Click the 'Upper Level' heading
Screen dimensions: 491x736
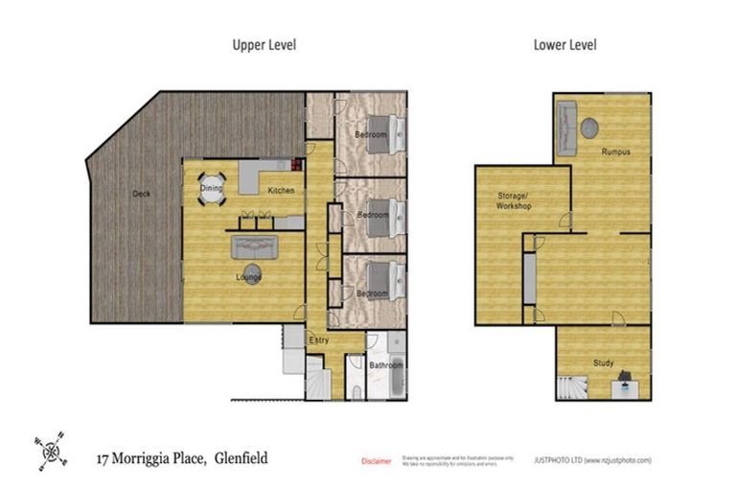coord(264,44)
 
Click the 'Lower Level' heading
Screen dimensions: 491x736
coord(566,44)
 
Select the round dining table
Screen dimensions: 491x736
coord(212,189)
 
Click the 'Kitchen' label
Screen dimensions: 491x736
coord(281,190)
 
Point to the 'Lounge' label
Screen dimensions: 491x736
coord(250,277)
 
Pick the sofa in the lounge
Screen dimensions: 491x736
coord(255,247)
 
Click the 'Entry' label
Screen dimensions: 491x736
coord(319,340)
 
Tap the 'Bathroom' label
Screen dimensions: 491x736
coord(387,365)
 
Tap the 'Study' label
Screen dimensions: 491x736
coord(603,362)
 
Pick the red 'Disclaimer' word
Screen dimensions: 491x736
coord(377,461)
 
